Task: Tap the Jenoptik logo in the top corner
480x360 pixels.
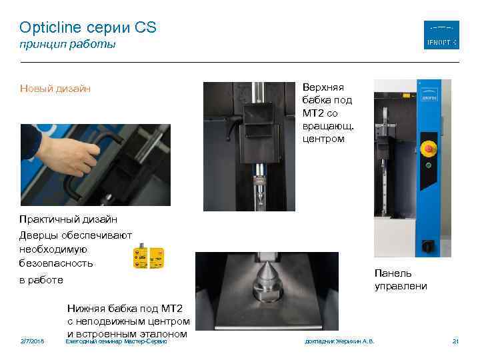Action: (441, 35)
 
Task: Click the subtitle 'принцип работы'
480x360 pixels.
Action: (67, 45)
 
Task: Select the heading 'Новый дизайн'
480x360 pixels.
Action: (55, 89)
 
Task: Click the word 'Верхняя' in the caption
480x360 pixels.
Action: (323, 87)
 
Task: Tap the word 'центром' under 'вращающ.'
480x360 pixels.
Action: (323, 139)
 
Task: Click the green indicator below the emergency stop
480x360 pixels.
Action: (427, 165)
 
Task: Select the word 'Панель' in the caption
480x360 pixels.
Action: (393, 273)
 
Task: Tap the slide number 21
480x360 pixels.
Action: (456, 341)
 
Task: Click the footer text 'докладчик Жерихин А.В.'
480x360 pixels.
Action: (339, 341)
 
